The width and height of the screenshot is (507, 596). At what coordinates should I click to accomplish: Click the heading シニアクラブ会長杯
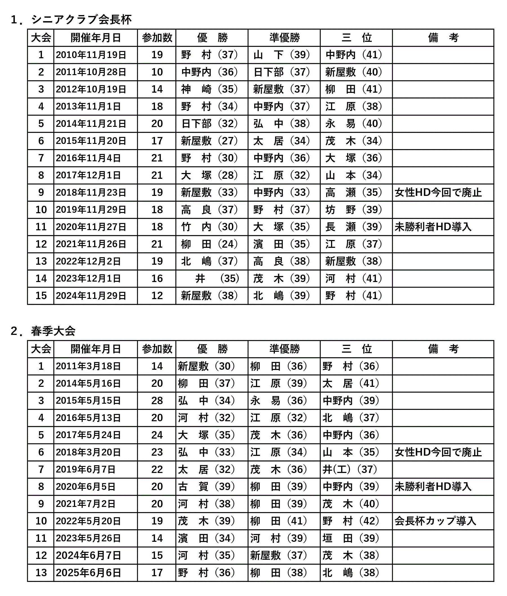(x=81, y=20)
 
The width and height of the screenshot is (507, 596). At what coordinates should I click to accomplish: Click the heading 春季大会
(x=53, y=331)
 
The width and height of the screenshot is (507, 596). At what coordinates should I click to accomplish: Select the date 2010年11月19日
(x=91, y=55)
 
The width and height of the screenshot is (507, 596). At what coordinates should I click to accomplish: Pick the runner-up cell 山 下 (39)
(x=282, y=55)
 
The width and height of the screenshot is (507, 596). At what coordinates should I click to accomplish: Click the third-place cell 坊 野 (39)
(x=354, y=210)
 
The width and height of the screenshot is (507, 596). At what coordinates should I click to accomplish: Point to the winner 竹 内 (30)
(x=209, y=227)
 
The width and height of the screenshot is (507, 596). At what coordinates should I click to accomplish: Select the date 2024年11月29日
(x=91, y=296)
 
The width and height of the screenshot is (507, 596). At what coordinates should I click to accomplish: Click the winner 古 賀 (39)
(x=207, y=487)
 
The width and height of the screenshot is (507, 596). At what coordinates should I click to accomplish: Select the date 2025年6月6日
(x=88, y=573)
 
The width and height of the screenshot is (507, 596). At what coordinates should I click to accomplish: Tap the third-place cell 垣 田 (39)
(x=351, y=538)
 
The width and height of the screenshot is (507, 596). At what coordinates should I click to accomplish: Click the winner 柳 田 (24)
(x=209, y=244)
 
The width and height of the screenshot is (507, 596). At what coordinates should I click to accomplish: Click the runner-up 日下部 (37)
(x=282, y=72)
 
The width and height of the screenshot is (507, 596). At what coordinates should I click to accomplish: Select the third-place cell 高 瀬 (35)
(x=354, y=193)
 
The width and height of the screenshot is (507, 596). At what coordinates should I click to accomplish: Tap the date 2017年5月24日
(x=88, y=435)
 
